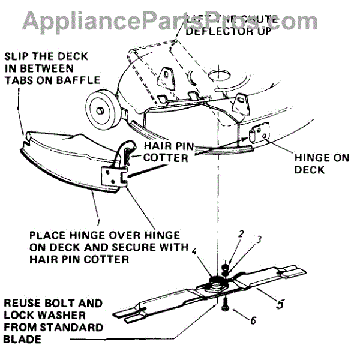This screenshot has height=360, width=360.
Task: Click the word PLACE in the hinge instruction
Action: click(46, 235)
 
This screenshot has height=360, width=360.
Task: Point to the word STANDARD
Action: click(76, 328)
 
